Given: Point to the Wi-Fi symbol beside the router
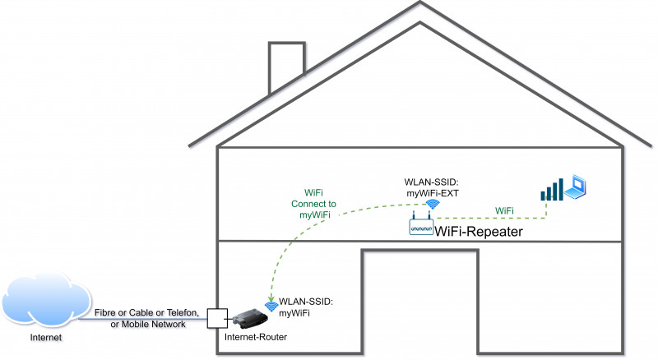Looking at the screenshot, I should click(x=271, y=307).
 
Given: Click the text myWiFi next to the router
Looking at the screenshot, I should click(x=295, y=313).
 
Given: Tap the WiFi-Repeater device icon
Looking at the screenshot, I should click(x=421, y=227).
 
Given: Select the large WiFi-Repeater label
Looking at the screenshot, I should click(x=479, y=233).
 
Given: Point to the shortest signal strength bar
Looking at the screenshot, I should click(x=543, y=196).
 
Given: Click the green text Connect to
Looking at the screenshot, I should click(x=314, y=203).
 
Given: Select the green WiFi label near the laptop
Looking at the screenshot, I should click(x=504, y=211).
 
